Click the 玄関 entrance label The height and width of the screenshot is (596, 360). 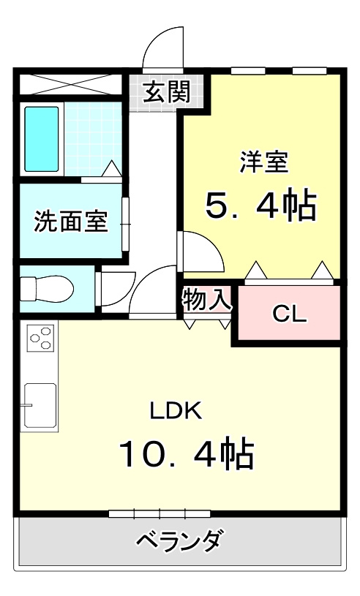pyautogui.click(x=167, y=92)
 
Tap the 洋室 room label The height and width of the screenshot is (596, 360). pyautogui.click(x=263, y=162)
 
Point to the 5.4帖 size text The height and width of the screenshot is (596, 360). pyautogui.click(x=260, y=207)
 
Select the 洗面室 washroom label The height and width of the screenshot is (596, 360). pyautogui.click(x=71, y=221)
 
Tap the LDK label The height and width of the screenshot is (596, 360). pyautogui.click(x=176, y=410)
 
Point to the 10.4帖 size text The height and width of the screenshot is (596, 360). pyautogui.click(x=187, y=454)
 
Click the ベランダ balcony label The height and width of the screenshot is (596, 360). pyautogui.click(x=179, y=542)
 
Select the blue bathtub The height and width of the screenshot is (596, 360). pyautogui.click(x=42, y=138)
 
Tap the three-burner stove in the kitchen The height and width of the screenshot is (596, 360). pyautogui.click(x=41, y=338)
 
